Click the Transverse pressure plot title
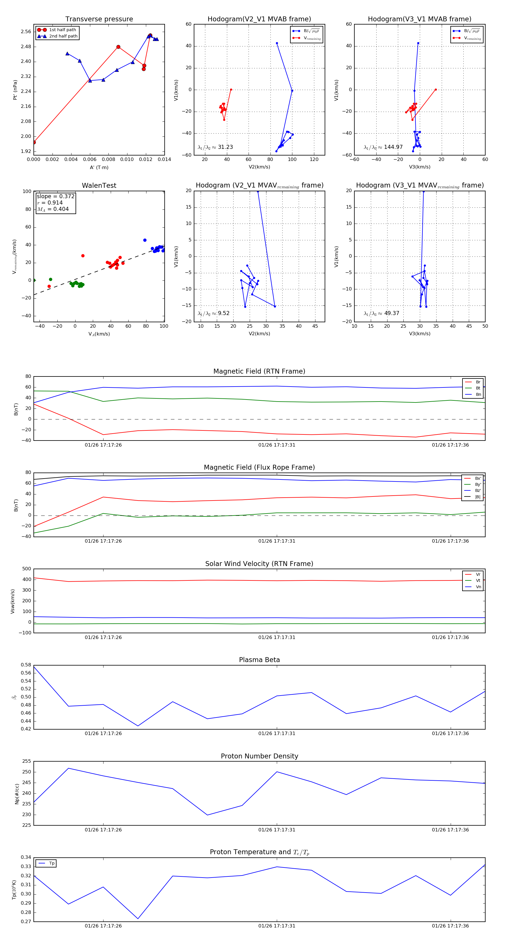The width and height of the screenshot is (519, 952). (99, 19)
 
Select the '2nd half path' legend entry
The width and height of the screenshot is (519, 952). (63, 36)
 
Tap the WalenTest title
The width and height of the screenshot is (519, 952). (99, 185)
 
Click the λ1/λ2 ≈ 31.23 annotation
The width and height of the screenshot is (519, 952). (215, 147)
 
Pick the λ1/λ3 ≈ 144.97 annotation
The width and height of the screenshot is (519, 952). (383, 147)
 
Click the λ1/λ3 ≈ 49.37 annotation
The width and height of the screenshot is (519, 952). (381, 313)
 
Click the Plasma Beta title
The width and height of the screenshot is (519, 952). (259, 660)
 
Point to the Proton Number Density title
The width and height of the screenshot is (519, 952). (259, 756)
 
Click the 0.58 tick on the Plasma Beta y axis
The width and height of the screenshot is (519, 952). (26, 665)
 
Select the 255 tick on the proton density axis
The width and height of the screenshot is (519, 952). (27, 761)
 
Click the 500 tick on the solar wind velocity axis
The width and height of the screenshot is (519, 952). (27, 569)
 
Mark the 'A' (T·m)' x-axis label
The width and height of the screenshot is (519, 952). (99, 167)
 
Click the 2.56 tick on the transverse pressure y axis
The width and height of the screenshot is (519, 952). (26, 32)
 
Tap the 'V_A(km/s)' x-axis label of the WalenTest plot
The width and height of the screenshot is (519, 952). (99, 334)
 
